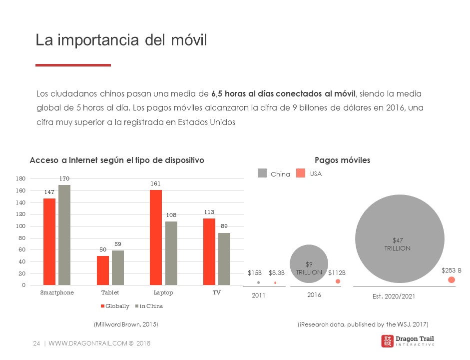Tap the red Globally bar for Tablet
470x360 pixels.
(x=102, y=270)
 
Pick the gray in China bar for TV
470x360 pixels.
(x=224, y=259)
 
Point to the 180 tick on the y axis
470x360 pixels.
(x=21, y=178)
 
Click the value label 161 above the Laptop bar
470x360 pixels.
(x=156, y=183)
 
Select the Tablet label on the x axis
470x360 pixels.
(x=110, y=292)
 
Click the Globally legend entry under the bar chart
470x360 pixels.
(x=115, y=306)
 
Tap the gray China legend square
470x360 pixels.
(x=262, y=173)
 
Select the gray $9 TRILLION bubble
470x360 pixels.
(x=309, y=264)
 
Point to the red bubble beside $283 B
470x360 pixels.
(x=452, y=279)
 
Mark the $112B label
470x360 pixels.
(x=337, y=272)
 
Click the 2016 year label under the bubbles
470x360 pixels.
(x=314, y=295)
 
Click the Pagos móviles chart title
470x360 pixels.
(x=342, y=160)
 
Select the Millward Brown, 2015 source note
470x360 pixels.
(x=126, y=324)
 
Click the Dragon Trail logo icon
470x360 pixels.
(x=387, y=341)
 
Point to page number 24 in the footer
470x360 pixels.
(x=36, y=343)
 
